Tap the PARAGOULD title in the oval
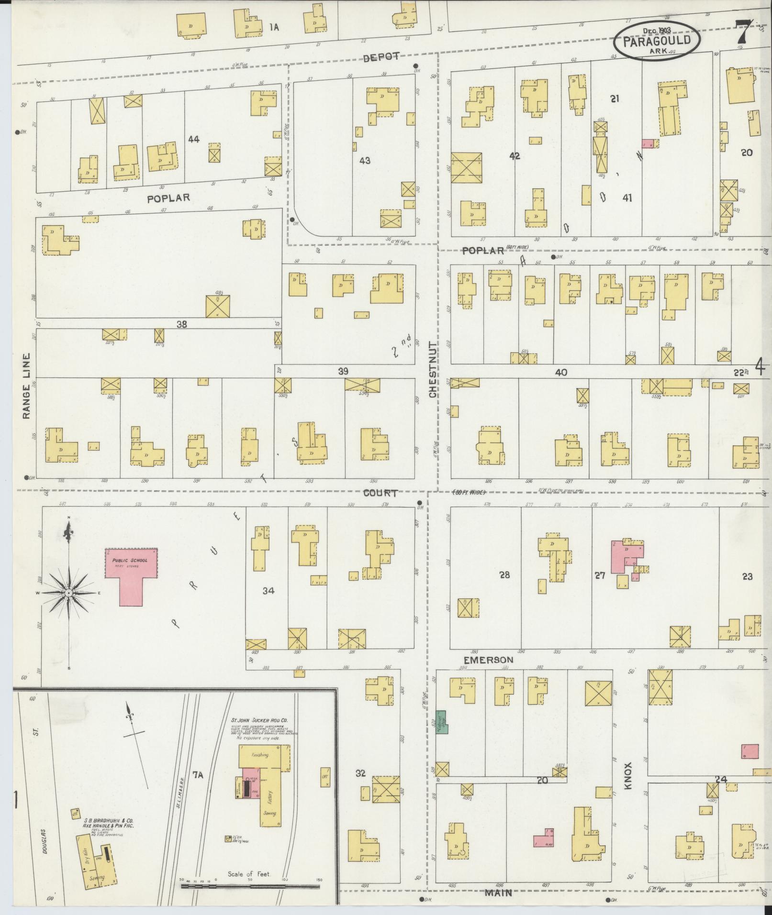pyautogui.click(x=657, y=40)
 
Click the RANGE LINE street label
pyautogui.click(x=26, y=386)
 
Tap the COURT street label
pyautogui.click(x=380, y=493)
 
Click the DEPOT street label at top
pyautogui.click(x=381, y=57)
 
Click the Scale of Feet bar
pyautogui.click(x=250, y=886)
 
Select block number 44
pyautogui.click(x=194, y=139)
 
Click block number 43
pyautogui.click(x=365, y=161)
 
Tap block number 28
pyautogui.click(x=504, y=575)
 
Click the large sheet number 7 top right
pyautogui.click(x=745, y=32)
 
